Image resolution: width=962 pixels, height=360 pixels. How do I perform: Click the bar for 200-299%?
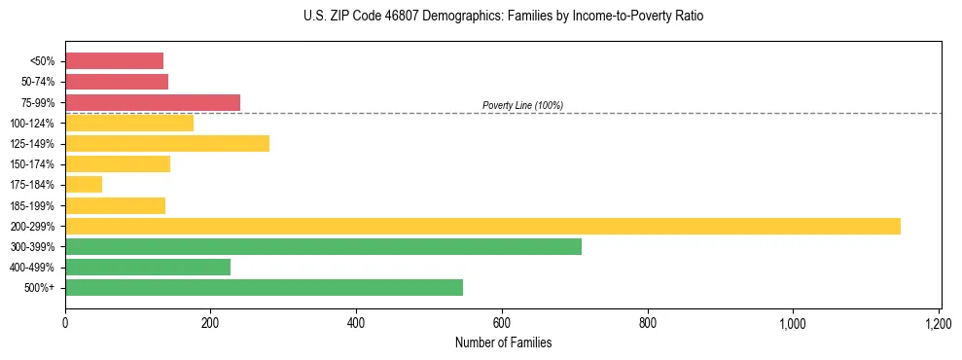[482, 226]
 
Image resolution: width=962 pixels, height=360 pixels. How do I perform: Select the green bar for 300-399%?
[323, 246]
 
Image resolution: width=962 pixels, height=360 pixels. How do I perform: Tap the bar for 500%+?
[264, 287]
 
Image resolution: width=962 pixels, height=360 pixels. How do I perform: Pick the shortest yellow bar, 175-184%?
[84, 185]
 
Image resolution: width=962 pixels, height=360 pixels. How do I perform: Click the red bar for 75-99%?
[153, 102]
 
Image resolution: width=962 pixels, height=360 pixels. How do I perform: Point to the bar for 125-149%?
[167, 144]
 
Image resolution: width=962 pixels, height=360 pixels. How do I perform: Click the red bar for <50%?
[114, 61]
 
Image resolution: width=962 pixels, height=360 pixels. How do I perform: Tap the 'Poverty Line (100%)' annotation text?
[522, 105]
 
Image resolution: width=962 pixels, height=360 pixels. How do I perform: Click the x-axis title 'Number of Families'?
[502, 342]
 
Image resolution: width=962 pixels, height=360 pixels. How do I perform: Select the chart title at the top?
[502, 17]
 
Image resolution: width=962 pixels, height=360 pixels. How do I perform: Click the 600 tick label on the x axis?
[502, 323]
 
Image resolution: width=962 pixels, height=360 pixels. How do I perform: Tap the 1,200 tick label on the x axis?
[939, 323]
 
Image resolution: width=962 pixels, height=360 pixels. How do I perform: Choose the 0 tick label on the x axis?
[65, 323]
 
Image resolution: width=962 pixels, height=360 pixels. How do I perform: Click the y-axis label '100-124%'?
[32, 124]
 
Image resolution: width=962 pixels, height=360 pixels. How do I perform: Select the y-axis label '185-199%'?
[32, 205]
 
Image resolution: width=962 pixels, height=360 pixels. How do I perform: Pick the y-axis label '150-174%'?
[32, 164]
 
